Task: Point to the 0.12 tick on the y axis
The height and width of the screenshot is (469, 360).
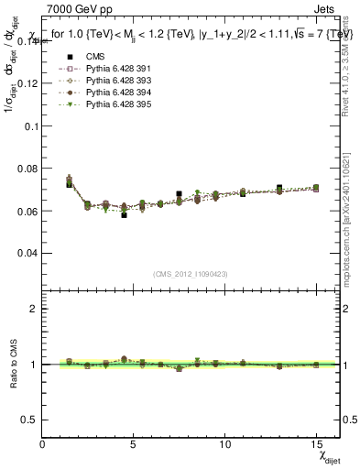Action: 26,82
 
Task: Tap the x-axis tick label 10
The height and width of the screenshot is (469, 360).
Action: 225,444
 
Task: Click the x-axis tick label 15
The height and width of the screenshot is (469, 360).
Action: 316,444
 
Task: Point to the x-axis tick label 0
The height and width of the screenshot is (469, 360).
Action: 43,444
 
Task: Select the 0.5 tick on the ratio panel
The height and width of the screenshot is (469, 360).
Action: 29,419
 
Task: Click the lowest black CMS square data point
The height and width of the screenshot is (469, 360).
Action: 124,214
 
